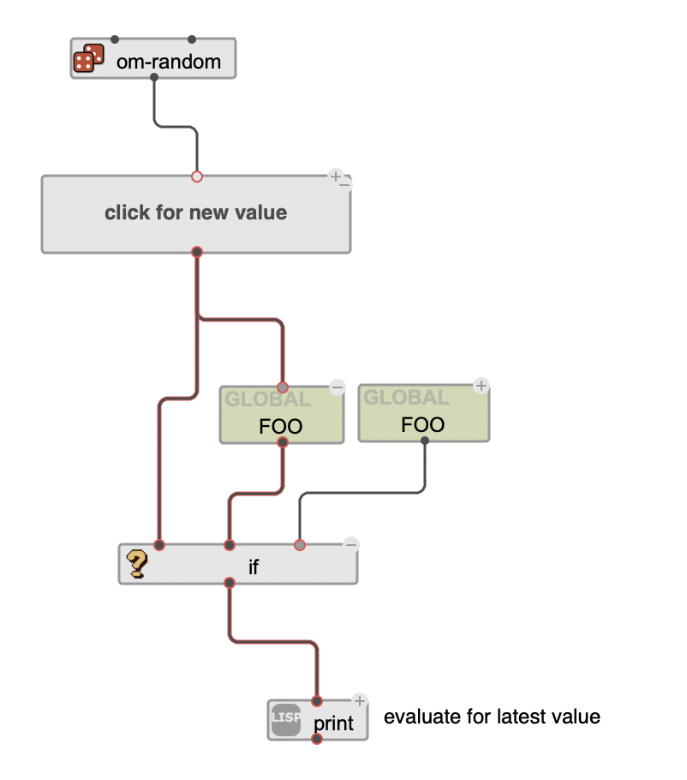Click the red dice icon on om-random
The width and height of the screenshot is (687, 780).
(x=87, y=58)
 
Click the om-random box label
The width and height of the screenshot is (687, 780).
(x=169, y=61)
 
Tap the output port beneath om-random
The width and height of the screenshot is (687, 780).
(x=153, y=78)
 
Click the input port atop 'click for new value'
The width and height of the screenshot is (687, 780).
(x=197, y=177)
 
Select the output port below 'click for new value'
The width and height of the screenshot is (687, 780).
(x=197, y=252)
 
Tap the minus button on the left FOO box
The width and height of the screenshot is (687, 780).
(x=337, y=387)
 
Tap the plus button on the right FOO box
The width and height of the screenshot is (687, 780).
(x=481, y=386)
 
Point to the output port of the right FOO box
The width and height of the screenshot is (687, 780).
(x=424, y=442)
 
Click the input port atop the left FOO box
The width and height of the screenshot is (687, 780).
(x=283, y=387)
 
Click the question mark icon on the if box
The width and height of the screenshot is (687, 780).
(x=136, y=564)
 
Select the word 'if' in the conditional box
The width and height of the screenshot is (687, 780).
(x=254, y=567)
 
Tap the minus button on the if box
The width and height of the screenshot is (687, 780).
(x=350, y=543)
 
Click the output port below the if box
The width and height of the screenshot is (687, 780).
(x=229, y=584)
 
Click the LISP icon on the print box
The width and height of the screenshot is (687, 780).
(x=285, y=718)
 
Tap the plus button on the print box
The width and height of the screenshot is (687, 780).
(x=360, y=701)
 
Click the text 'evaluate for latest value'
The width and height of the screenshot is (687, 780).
(x=492, y=717)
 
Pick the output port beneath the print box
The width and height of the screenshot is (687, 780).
(x=317, y=740)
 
